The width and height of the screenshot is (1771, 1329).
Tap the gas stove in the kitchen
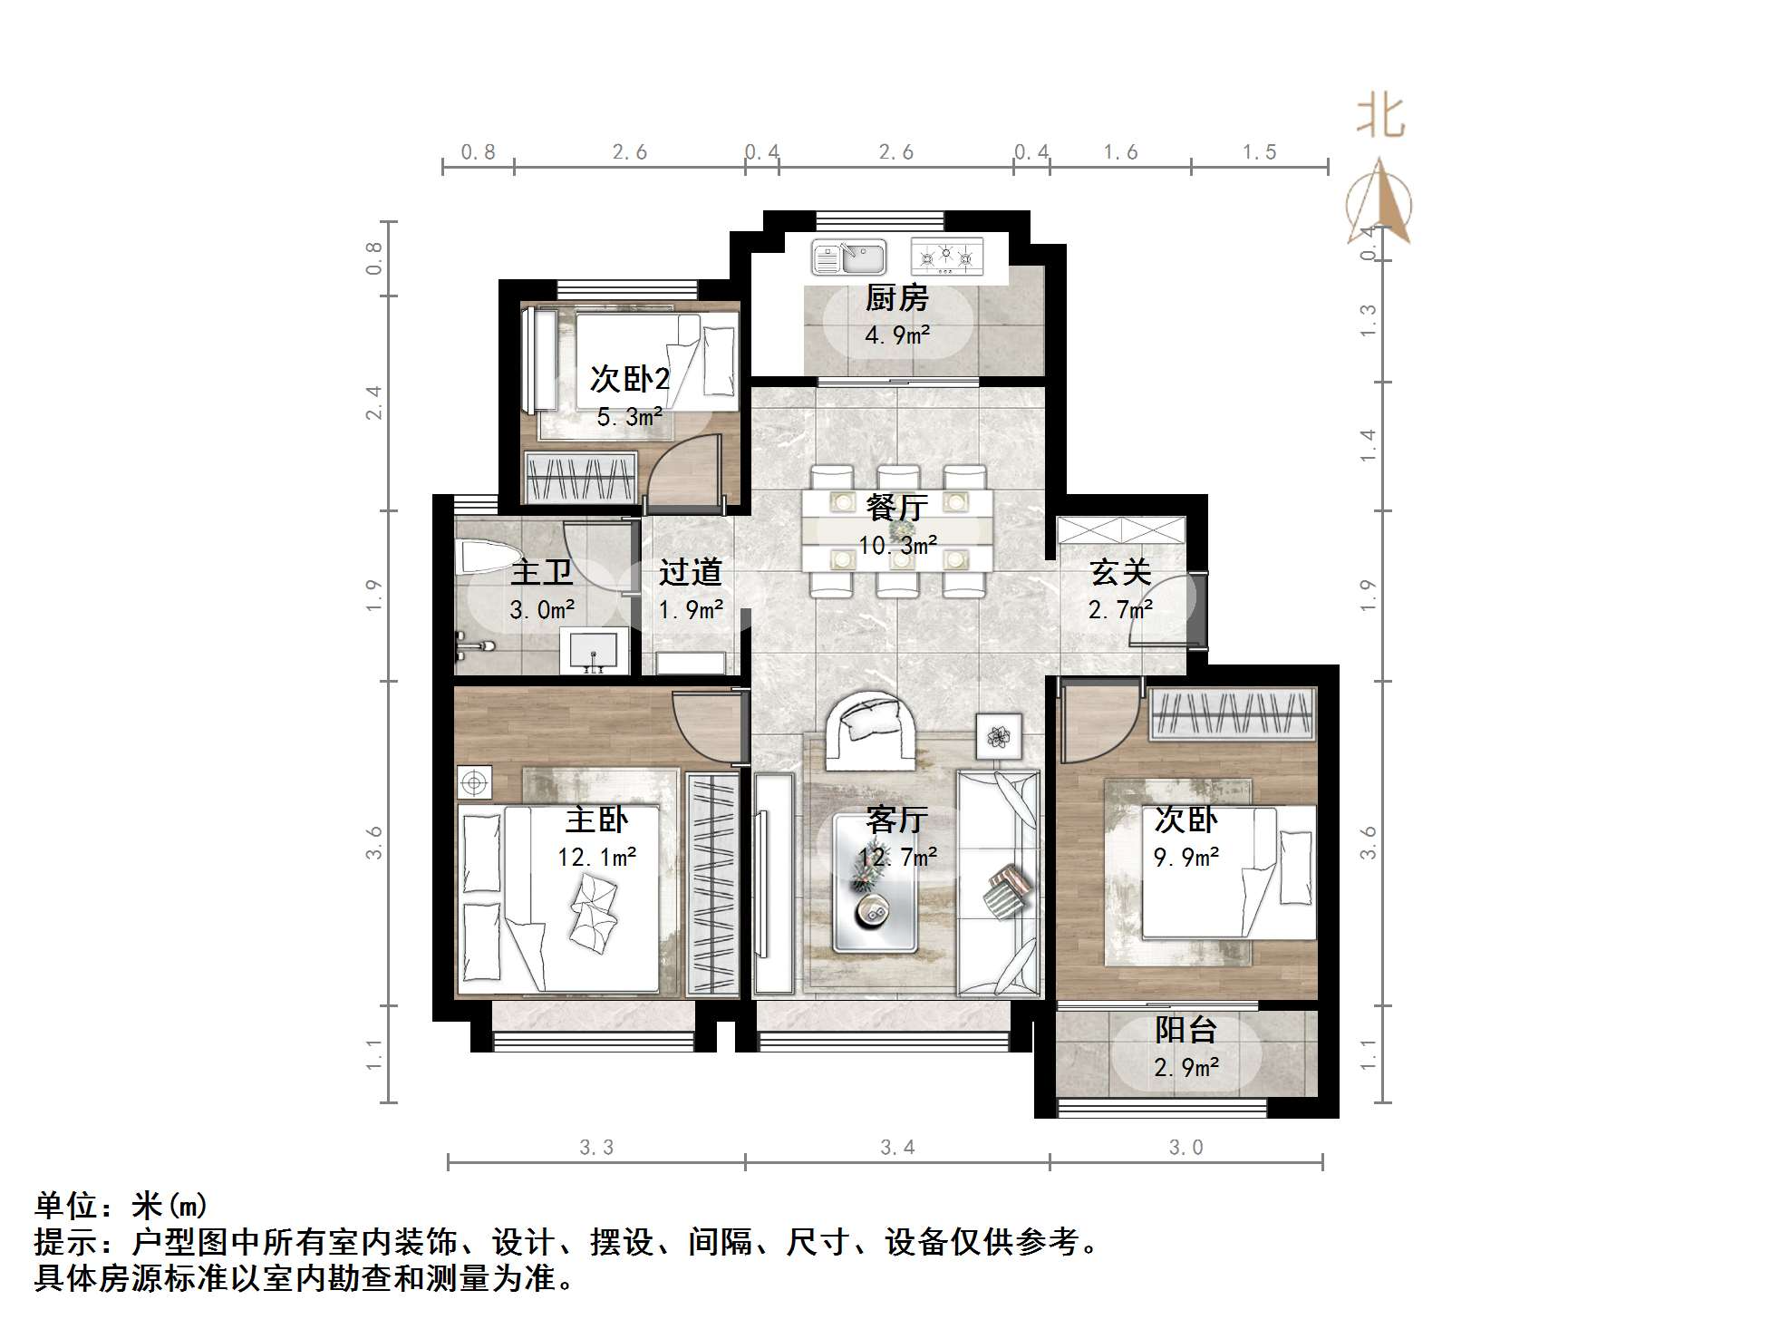[x=947, y=257]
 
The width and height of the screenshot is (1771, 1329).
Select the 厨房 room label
[x=896, y=298]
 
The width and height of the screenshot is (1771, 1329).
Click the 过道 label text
[x=691, y=573]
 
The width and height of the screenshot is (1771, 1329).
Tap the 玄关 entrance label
[x=1120, y=573]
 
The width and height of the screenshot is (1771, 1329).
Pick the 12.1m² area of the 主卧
[x=596, y=858]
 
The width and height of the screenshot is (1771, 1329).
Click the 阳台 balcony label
[x=1186, y=1031]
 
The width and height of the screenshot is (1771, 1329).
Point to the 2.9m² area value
[x=1186, y=1068]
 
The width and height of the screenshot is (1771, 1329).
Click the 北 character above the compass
[x=1380, y=119]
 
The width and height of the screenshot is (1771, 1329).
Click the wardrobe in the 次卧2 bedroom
[x=581, y=478]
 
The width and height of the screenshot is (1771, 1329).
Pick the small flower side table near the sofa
[x=999, y=736]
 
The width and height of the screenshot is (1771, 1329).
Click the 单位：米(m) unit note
[x=121, y=1206]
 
